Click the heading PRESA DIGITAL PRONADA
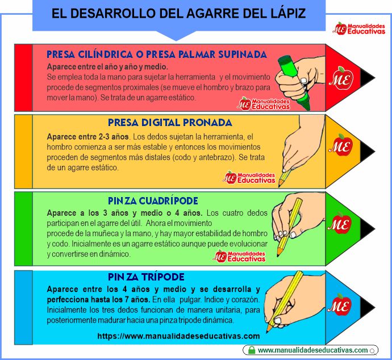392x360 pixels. [170, 123]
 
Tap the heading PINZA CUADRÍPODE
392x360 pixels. [153, 201]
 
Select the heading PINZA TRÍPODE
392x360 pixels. [146, 277]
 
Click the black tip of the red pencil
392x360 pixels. [368, 78]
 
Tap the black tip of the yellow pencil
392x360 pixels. [368, 152]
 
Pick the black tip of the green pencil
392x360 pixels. [368, 229]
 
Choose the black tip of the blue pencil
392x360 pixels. [368, 307]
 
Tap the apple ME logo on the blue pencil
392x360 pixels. [340, 305]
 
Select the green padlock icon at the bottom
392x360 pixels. [252, 350]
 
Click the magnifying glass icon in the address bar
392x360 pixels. [373, 351]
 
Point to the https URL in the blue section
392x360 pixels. [178, 336]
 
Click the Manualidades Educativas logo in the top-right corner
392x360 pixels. [359, 28]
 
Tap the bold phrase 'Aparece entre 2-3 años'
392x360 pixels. [87, 137]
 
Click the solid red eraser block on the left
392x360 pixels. [23, 78]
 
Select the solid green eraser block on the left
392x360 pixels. [23, 229]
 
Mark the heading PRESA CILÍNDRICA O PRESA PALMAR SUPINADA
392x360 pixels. [157, 55]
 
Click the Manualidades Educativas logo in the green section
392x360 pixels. [239, 256]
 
